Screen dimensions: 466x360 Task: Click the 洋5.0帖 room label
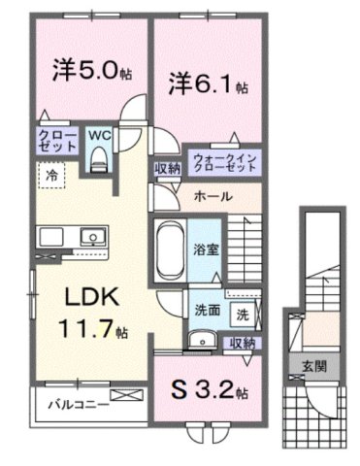(x=84, y=70)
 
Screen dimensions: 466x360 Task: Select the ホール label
(x=212, y=195)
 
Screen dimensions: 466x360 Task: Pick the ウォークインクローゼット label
(x=224, y=161)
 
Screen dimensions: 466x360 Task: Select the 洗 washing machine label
(x=241, y=313)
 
